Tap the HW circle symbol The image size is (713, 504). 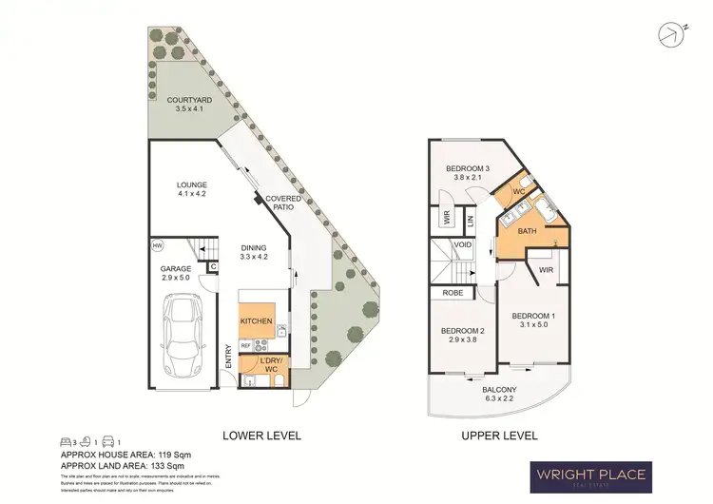click(x=157, y=246)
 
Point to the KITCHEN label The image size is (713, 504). click(x=257, y=321)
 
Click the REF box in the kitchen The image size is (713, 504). click(x=244, y=347)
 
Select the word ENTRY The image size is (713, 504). click(x=228, y=357)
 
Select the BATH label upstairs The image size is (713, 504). click(x=526, y=231)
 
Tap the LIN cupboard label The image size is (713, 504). click(x=471, y=221)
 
